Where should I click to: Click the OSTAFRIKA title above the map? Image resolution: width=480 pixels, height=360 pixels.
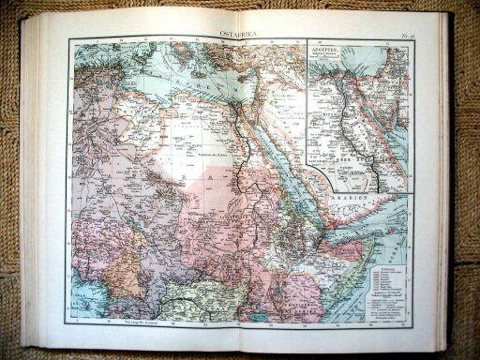tap(240, 34)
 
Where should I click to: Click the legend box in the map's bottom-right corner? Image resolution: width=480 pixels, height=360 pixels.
tap(384, 281)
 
